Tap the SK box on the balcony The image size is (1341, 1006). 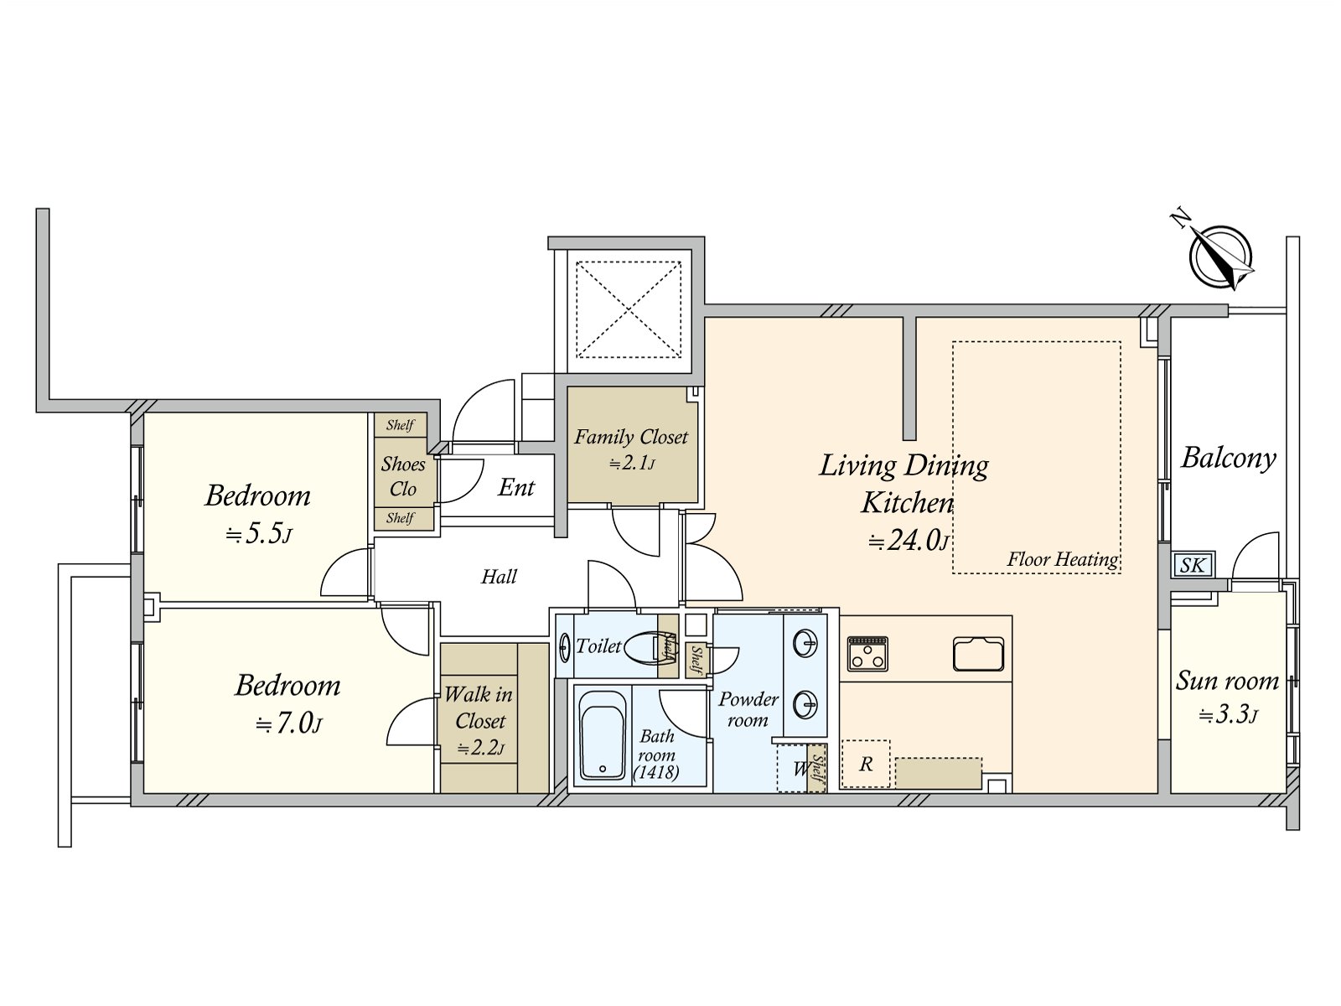click(1192, 566)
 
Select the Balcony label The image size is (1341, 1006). click(1228, 458)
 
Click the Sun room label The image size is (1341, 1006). click(1227, 680)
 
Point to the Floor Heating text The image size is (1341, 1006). click(1062, 559)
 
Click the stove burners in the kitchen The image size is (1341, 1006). click(867, 653)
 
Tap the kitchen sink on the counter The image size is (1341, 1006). click(978, 654)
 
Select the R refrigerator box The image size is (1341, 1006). click(866, 764)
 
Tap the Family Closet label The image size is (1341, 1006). click(631, 438)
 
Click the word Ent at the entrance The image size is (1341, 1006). click(515, 487)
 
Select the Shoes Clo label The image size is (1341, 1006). click(403, 476)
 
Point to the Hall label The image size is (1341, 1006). click(499, 577)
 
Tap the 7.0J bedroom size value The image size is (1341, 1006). click(288, 723)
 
